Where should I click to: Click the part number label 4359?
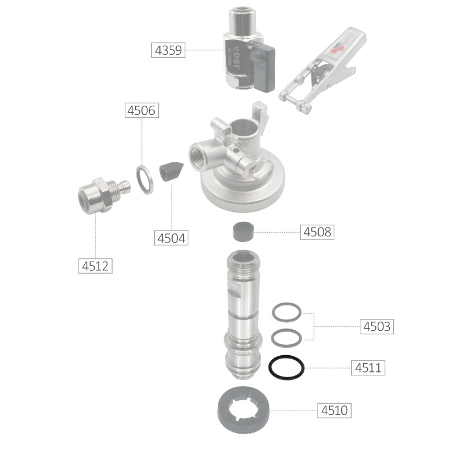point(168,50)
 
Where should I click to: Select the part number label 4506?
point(141,110)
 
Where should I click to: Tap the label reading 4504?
point(171,238)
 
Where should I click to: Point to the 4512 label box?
point(95,266)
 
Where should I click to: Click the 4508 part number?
point(317,232)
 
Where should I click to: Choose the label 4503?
point(377,326)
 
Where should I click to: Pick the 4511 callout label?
point(368,367)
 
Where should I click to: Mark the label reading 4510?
point(334,410)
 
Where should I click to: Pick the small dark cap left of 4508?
point(243,232)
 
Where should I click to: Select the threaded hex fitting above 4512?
point(104,195)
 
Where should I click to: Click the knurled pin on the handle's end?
point(304,109)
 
